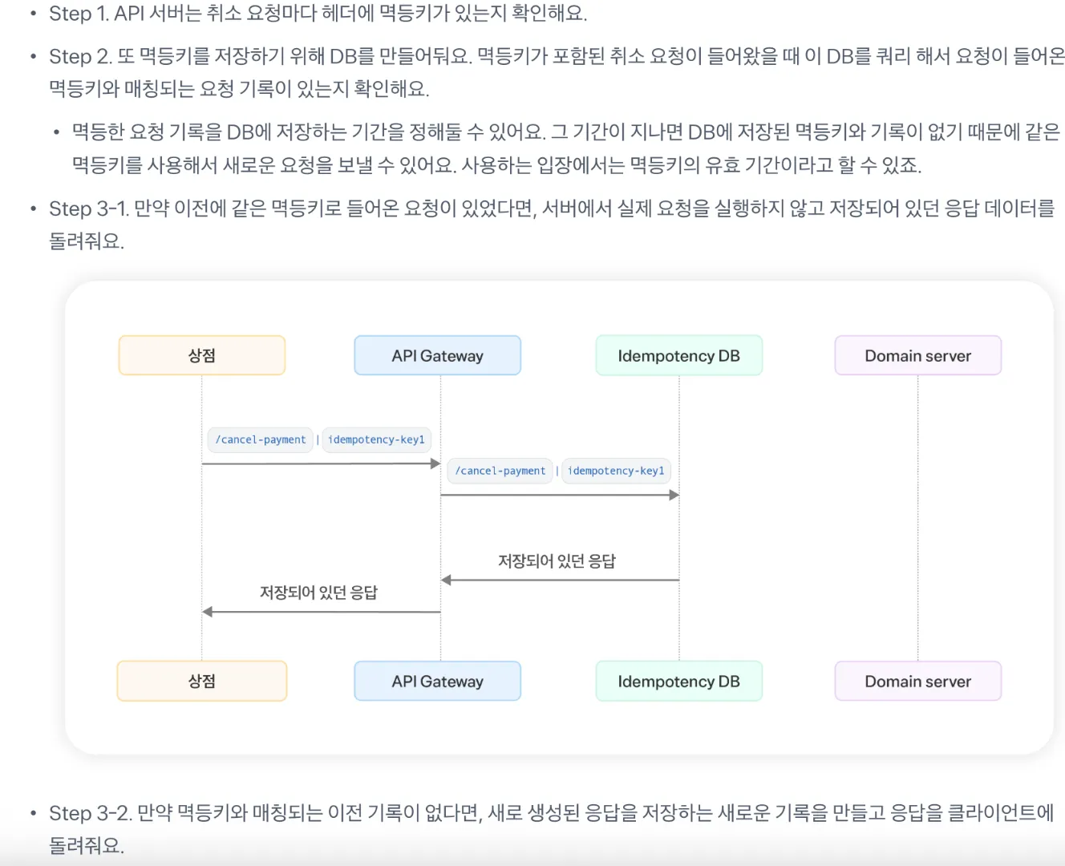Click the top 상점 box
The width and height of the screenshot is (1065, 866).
point(202,355)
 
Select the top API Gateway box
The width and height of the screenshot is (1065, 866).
point(438,355)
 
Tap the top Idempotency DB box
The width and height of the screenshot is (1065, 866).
point(679,355)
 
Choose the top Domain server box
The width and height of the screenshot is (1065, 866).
point(918,355)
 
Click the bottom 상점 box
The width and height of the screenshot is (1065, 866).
point(202,681)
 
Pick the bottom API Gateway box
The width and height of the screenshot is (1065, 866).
point(438,681)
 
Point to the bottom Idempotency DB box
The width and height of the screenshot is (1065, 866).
point(679,681)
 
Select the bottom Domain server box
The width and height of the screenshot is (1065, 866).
point(918,681)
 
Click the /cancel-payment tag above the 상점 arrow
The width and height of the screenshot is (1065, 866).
point(261,439)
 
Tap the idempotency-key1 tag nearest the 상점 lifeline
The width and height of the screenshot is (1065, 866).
point(376,439)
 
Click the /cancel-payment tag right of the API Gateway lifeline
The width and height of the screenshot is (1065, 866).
point(500,471)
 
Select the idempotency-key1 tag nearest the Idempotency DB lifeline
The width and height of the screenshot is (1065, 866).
point(616,471)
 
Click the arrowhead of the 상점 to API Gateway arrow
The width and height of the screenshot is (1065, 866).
point(435,463)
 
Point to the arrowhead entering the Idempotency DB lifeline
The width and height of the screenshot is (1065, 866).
point(674,495)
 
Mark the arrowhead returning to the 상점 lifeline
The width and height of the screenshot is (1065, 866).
point(208,612)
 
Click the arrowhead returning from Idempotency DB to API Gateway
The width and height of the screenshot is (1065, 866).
point(446,580)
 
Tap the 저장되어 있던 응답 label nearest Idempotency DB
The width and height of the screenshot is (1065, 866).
point(557,561)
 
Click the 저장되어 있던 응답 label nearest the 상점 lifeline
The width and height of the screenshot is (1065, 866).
point(318,593)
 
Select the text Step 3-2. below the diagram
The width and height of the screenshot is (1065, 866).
point(91,813)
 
